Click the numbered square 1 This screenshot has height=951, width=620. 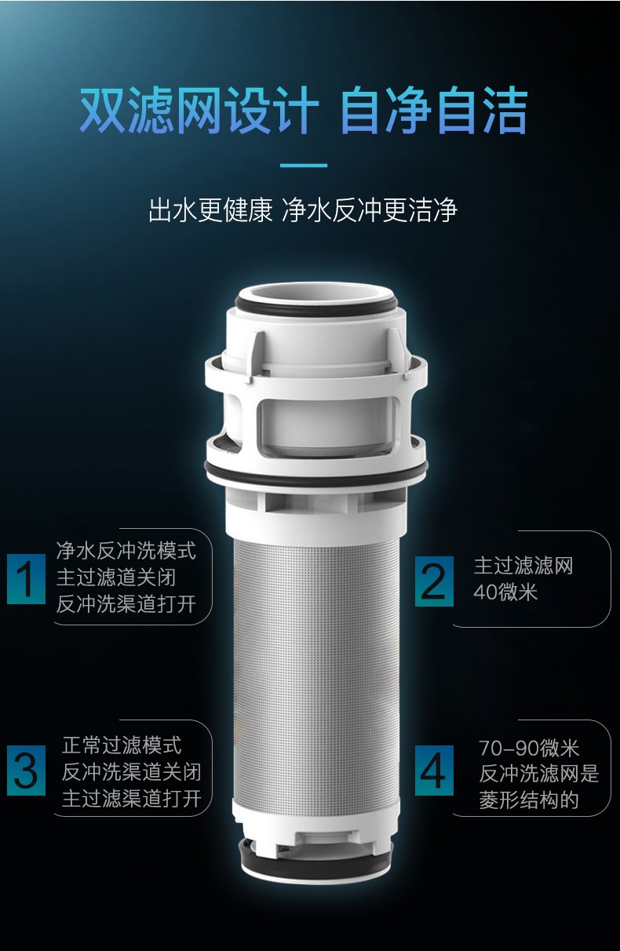point(26,578)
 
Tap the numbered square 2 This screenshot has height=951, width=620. point(434,581)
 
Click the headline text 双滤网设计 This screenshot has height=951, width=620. point(199,111)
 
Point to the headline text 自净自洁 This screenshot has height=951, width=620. point(433,111)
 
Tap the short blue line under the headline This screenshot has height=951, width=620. point(304,165)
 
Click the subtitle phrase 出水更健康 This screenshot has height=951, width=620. point(210,210)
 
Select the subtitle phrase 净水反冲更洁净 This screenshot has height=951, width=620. point(370,210)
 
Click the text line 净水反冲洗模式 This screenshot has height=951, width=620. point(126,551)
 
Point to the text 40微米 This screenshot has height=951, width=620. point(505,592)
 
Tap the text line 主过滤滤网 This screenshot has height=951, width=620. point(523,566)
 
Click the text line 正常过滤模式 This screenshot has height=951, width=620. point(122,745)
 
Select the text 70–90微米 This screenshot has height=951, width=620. point(529,748)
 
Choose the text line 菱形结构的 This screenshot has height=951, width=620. point(529,800)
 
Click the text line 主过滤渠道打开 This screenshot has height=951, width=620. point(132,798)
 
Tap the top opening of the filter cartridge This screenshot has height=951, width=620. point(316,294)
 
